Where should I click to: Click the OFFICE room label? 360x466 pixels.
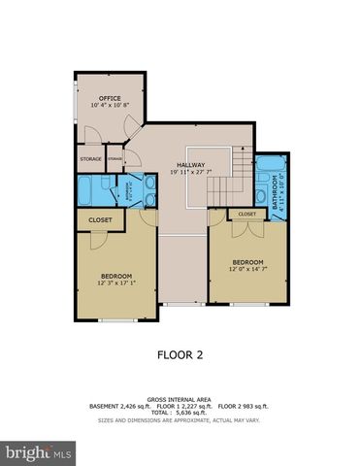(110, 98)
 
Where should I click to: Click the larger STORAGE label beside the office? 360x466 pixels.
(90, 157)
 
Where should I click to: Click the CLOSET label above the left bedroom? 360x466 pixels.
(100, 220)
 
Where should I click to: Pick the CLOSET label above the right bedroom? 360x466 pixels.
(246, 214)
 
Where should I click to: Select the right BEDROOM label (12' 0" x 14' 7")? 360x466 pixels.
(247, 261)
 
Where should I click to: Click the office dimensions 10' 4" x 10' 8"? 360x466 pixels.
(110, 105)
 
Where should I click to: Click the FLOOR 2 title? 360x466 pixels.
(180, 355)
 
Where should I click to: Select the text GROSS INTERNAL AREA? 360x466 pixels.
(180, 399)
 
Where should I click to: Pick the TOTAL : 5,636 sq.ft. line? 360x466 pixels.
(180, 414)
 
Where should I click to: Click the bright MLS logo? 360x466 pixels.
(39, 452)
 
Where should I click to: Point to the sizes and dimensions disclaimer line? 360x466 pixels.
(180, 421)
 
